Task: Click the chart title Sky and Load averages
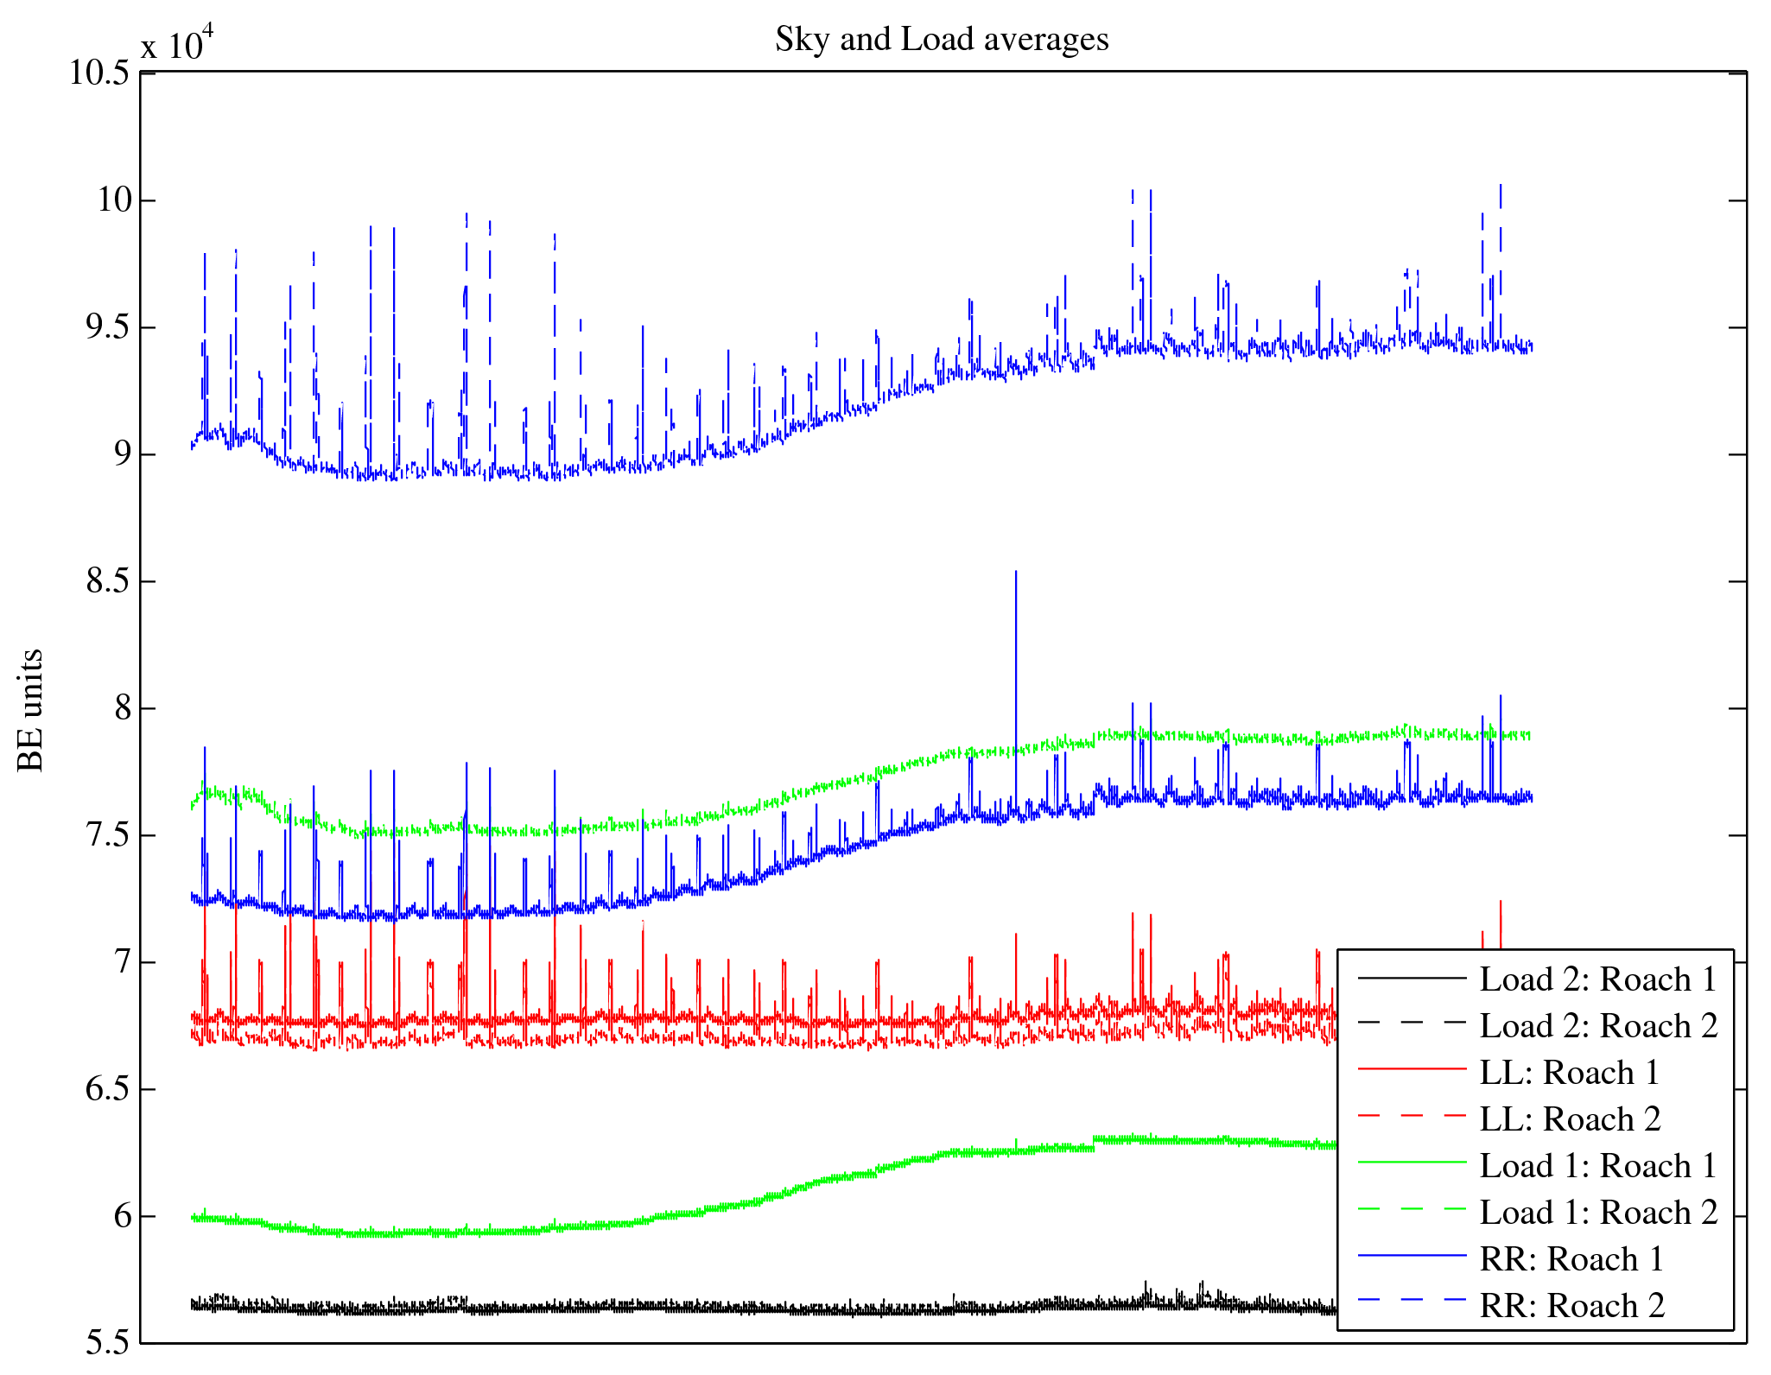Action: click(942, 40)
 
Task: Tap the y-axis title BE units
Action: click(31, 710)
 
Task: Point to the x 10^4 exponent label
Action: click(177, 43)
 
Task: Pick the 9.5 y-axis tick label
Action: click(107, 327)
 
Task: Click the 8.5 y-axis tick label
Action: click(107, 581)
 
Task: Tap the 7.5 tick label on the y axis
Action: click(107, 835)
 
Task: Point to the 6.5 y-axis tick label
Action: click(107, 1089)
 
